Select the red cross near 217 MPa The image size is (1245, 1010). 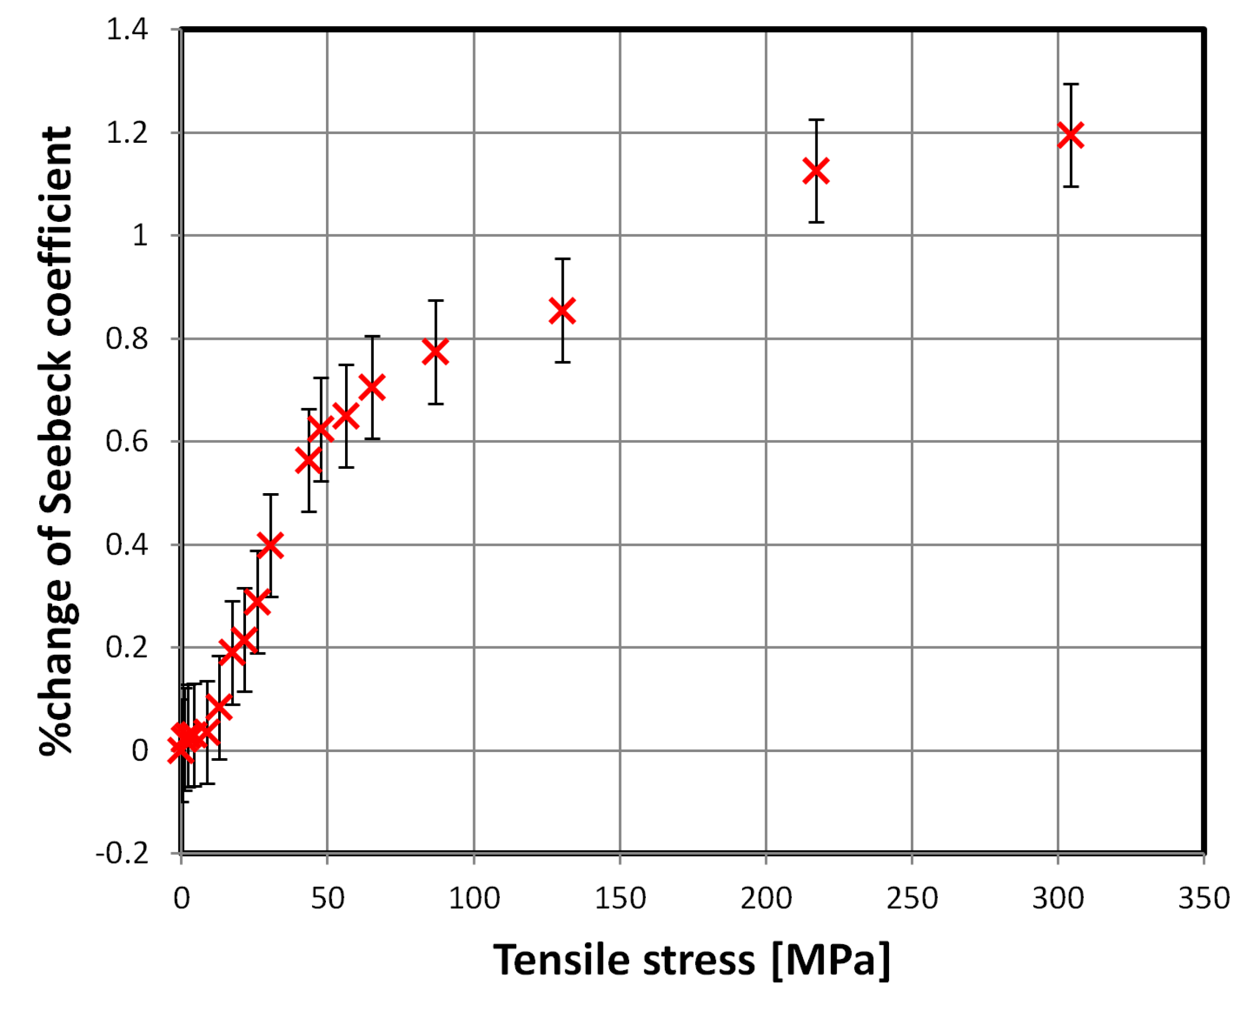(x=816, y=170)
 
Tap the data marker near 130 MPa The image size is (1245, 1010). (x=562, y=310)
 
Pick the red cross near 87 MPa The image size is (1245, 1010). (x=435, y=352)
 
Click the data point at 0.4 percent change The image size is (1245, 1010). (x=270, y=545)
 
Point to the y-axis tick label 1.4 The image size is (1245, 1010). (x=127, y=29)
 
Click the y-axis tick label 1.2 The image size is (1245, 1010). (x=127, y=133)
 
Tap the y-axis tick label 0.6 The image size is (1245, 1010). (x=127, y=442)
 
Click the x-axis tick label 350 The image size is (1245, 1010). (x=1203, y=898)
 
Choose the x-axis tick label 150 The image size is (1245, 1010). (x=619, y=898)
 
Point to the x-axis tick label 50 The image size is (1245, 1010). (x=327, y=898)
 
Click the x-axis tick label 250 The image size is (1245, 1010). (x=912, y=898)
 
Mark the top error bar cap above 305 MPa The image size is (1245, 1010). (x=1071, y=85)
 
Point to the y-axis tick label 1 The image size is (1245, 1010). (x=140, y=236)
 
